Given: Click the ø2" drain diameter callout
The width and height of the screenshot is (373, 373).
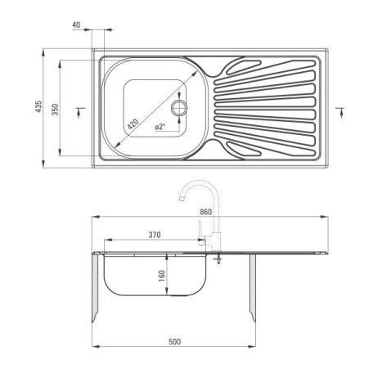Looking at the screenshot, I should click(x=160, y=127).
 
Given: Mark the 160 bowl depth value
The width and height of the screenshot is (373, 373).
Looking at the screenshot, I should click(x=162, y=276).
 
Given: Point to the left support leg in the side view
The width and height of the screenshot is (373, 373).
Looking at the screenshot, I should click(x=97, y=290).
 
